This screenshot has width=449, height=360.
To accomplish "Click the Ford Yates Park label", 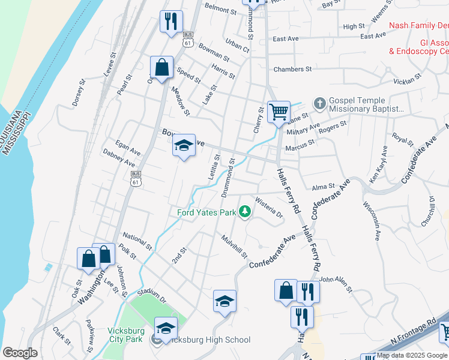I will [206, 212].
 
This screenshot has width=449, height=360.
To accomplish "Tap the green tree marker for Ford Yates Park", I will [244, 212].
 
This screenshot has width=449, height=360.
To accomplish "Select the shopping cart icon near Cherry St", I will [279, 111].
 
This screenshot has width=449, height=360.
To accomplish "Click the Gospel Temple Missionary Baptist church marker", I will [319, 104].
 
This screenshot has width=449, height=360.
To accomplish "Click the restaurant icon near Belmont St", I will [171, 22].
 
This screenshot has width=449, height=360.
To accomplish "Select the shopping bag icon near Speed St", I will [161, 67].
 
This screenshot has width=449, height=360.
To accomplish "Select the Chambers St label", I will [292, 69].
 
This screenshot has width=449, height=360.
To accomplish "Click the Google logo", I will [20, 353].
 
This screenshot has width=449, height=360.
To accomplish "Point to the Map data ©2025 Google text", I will [411, 355].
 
